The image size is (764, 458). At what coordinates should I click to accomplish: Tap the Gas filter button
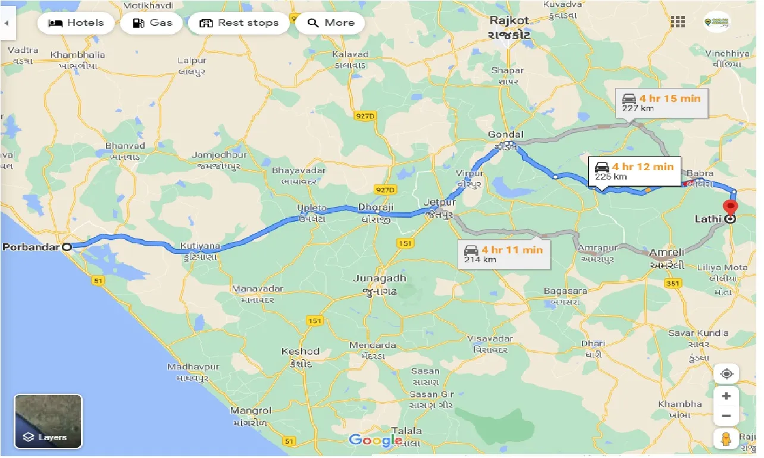point(152,23)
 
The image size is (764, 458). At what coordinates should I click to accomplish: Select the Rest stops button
point(239,23)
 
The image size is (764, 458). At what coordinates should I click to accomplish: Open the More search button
point(331,23)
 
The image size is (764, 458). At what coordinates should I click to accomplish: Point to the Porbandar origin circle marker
point(67,246)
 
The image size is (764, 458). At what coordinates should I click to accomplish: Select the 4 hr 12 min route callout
point(634,171)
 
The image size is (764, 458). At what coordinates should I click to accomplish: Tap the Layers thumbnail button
point(48,421)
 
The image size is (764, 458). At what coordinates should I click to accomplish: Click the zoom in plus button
point(726,396)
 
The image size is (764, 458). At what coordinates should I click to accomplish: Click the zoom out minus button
point(726,416)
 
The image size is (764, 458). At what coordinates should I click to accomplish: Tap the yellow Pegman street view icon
point(726,440)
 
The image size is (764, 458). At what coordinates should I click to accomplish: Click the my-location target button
point(726,374)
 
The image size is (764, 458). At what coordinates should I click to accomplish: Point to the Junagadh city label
point(379,278)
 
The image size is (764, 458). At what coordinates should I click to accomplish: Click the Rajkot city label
point(509,21)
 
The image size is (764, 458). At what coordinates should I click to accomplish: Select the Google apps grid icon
point(677,23)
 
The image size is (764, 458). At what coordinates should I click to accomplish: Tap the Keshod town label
point(300,352)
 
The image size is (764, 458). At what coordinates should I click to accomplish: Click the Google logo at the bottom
point(375,441)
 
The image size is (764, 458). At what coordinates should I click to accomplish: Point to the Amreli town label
point(666,252)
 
